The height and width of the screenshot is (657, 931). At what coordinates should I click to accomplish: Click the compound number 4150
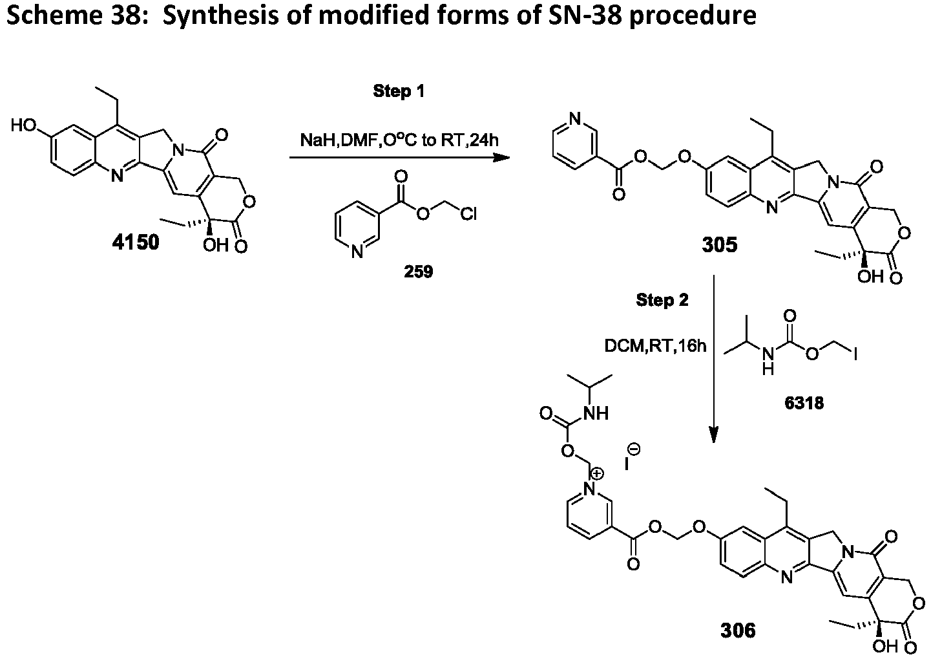tap(136, 242)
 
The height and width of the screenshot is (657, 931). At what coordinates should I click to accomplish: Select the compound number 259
tap(419, 272)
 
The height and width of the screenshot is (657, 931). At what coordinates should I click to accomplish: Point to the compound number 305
tap(720, 244)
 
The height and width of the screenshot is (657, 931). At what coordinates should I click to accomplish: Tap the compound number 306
tap(738, 630)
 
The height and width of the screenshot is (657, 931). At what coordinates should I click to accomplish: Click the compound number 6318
tap(804, 403)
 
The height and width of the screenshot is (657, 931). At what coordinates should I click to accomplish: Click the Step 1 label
tap(399, 91)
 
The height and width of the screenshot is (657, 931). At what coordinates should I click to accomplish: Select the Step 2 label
tap(662, 300)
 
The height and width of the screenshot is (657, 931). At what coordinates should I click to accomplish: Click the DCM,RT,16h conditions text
tap(655, 345)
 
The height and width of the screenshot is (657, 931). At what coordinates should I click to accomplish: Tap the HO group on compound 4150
tap(24, 125)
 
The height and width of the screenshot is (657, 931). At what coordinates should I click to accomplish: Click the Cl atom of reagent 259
tap(468, 214)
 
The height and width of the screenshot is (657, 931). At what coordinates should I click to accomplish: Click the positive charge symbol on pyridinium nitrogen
tap(597, 473)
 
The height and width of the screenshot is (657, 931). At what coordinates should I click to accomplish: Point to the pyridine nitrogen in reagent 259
tap(357, 252)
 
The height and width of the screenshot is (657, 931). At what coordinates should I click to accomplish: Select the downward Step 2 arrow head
tap(714, 435)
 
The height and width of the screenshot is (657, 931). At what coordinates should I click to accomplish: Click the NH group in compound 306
tap(596, 413)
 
